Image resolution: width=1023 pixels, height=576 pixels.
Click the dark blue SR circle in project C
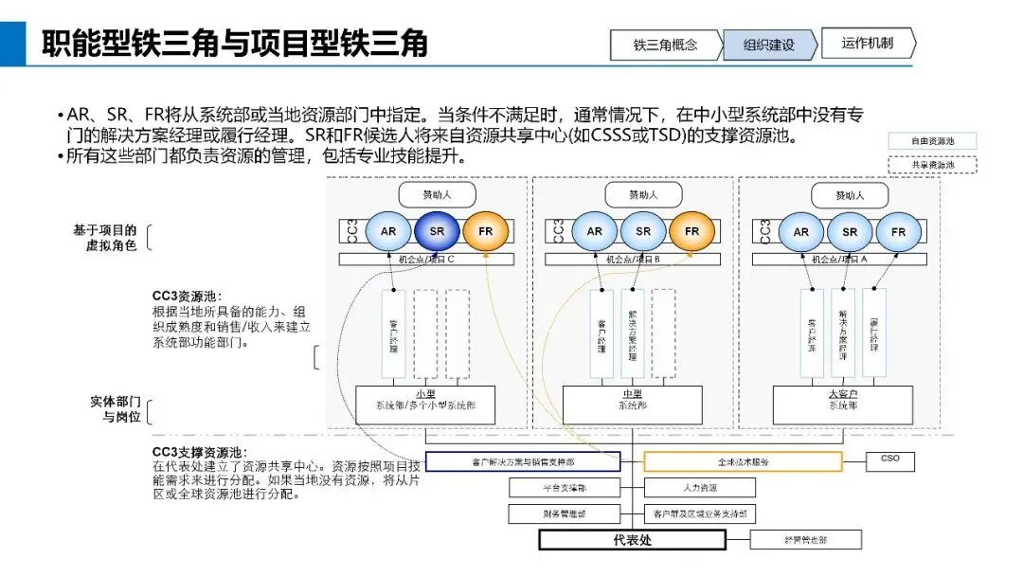tap(437, 231)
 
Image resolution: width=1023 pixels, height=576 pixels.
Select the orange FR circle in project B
tap(691, 231)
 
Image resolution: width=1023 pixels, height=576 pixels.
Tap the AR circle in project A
tap(801, 231)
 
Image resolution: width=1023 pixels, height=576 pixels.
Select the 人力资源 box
tap(699, 488)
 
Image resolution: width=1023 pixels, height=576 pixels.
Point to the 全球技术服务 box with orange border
tap(743, 461)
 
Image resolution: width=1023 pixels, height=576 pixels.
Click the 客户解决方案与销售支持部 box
tap(523, 461)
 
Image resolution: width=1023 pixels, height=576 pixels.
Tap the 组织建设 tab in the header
tap(768, 45)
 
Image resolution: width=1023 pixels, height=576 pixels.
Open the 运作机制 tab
tap(867, 44)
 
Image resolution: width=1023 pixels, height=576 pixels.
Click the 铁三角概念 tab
tap(666, 45)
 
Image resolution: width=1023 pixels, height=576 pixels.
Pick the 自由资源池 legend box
tap(932, 141)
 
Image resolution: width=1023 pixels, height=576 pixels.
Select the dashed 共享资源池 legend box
tap(932, 164)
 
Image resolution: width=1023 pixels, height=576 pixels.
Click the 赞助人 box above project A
tap(849, 195)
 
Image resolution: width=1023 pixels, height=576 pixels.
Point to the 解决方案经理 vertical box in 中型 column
tap(633, 334)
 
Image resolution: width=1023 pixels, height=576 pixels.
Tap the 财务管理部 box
tap(565, 513)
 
